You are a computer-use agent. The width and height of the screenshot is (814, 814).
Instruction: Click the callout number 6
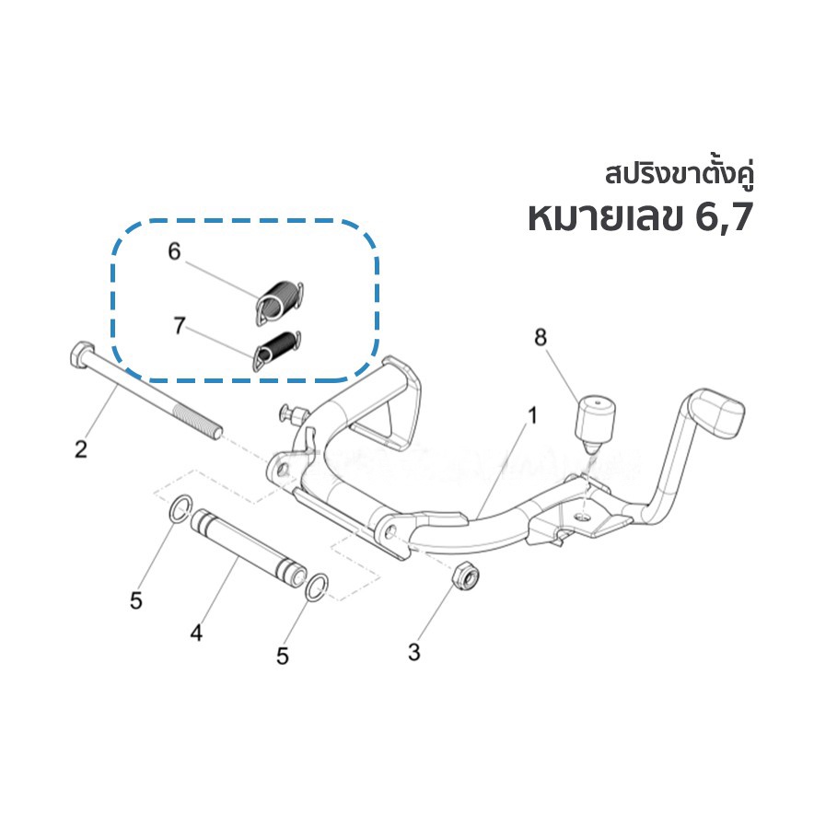(x=174, y=251)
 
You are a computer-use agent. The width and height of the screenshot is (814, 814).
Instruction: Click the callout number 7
(x=180, y=325)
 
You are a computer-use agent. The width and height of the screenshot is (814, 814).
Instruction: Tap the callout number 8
(x=541, y=337)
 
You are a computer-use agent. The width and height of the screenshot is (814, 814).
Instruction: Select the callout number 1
(x=532, y=415)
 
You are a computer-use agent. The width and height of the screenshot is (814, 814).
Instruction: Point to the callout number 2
(x=81, y=449)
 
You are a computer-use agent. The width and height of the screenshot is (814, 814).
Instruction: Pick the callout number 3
(x=413, y=652)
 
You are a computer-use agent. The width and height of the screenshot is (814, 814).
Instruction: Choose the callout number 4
(x=196, y=633)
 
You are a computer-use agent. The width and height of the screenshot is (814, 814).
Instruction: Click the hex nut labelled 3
(x=466, y=577)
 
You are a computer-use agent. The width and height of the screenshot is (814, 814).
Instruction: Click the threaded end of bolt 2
(x=199, y=422)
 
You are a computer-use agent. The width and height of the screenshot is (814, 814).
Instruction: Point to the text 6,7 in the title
(x=724, y=217)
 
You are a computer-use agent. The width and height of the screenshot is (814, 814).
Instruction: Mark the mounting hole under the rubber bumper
(x=584, y=516)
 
